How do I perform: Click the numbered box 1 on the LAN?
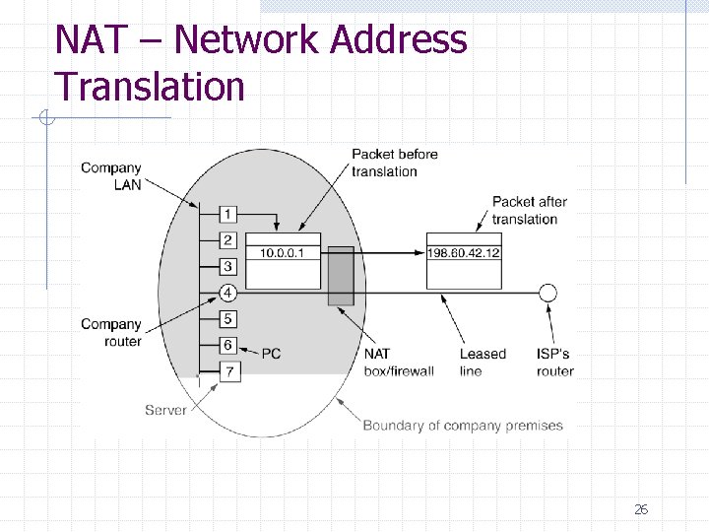227,214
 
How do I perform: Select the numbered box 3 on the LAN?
227,266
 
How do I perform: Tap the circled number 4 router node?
227,293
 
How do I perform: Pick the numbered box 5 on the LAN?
227,319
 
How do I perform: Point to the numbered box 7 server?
227,371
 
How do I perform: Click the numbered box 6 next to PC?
227,345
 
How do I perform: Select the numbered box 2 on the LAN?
227,240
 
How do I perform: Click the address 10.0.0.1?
283,253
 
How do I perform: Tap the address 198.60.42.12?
464,253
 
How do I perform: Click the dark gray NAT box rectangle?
341,276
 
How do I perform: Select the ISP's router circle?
548,293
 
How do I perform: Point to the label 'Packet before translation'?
394,163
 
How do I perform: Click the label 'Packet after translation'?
530,210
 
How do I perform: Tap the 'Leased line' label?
483,363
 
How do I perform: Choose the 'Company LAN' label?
111,176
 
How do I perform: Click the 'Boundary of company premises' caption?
463,426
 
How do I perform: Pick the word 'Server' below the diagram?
165,410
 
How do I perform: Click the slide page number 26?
641,509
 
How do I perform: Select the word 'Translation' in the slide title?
150,87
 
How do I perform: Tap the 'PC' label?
271,354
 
